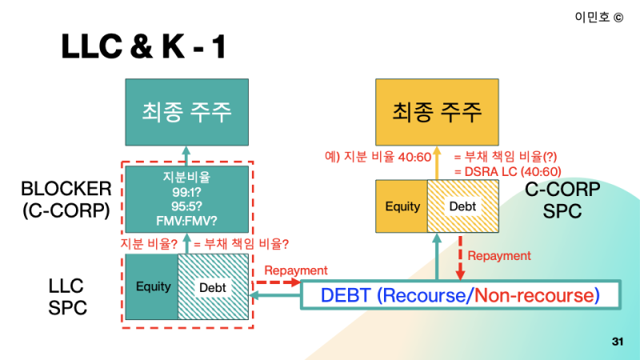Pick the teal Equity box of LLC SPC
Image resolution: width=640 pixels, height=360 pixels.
click(153, 286)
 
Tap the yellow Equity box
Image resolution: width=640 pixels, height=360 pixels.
click(402, 206)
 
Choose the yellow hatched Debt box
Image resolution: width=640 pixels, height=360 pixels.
click(462, 206)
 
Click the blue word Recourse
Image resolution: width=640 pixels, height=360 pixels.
click(425, 295)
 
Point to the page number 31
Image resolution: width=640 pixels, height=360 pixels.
click(617, 342)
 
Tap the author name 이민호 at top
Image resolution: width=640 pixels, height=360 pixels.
click(591, 17)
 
